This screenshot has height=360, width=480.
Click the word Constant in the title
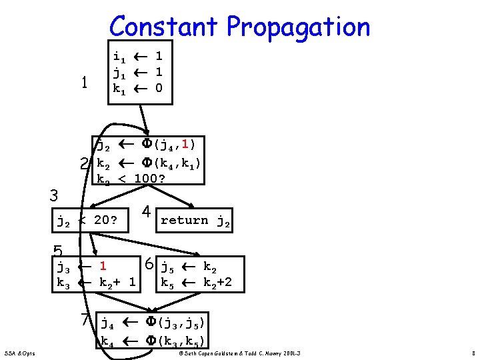pos(163,27)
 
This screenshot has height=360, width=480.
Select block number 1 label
pos(84,83)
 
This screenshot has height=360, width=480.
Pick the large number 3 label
pos(55,196)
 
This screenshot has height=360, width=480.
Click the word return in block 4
pos(184,221)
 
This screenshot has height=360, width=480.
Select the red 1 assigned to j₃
pos(104,267)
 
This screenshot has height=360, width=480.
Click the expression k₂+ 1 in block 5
pos(117,282)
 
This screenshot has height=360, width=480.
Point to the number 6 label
pos(151,264)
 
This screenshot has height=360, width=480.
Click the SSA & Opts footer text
pos(20,352)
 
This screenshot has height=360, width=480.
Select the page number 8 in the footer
pos(471,352)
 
